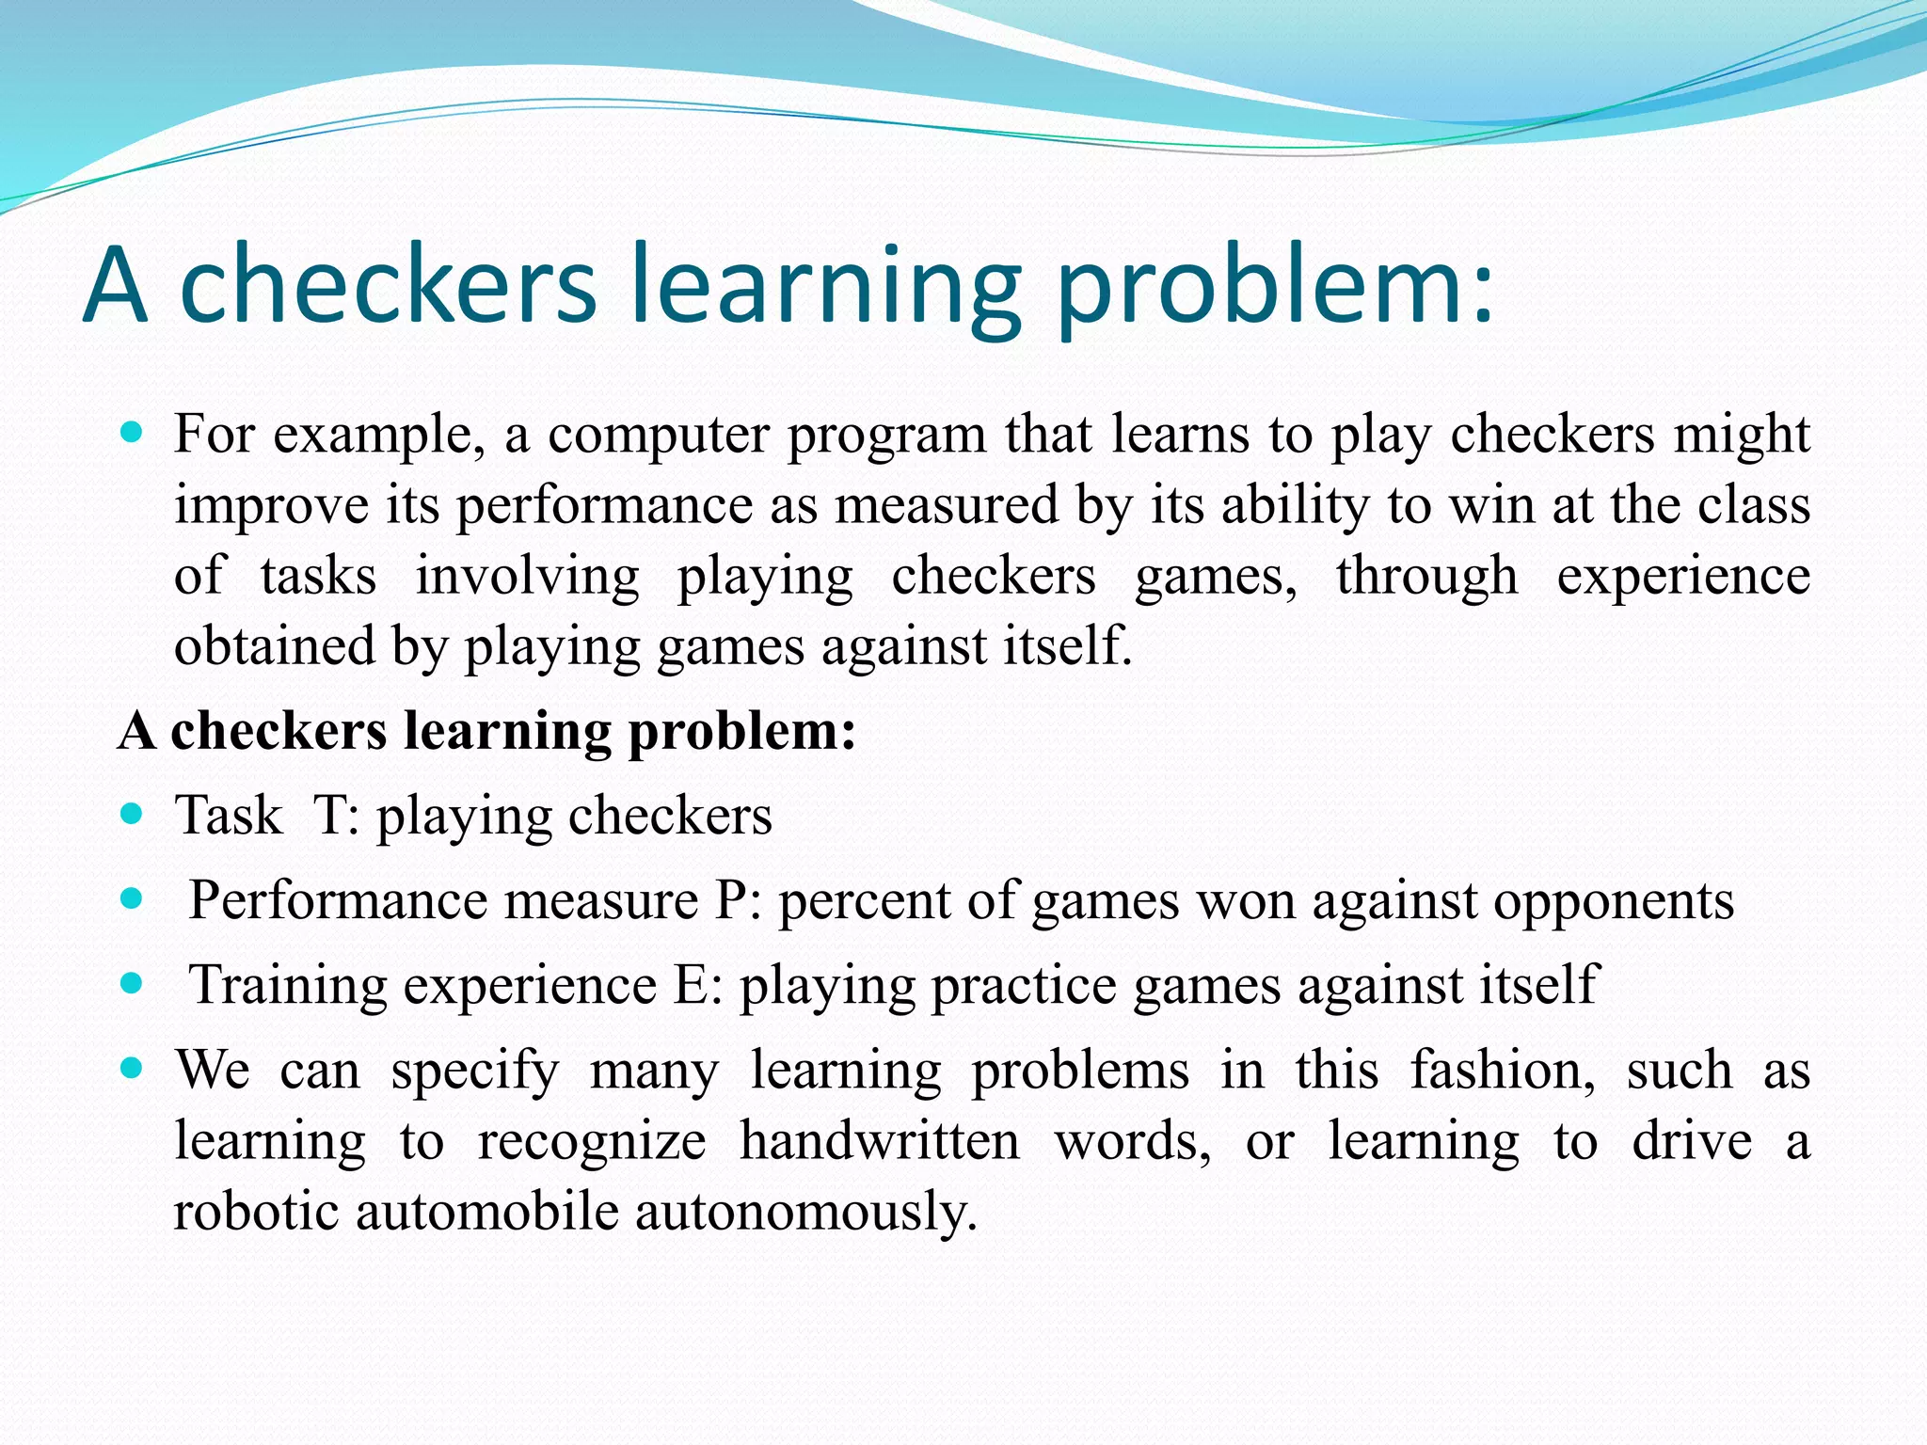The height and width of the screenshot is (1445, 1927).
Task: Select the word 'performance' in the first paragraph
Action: pos(604,506)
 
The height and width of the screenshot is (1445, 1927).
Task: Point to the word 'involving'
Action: pos(527,576)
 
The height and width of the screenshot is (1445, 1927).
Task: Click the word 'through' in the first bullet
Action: pos(1426,576)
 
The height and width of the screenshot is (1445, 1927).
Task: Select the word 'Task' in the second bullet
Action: pos(229,815)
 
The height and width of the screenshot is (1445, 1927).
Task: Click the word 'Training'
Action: pos(289,985)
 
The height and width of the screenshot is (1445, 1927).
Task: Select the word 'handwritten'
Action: pos(880,1141)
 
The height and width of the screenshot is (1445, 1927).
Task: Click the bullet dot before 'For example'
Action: pos(132,434)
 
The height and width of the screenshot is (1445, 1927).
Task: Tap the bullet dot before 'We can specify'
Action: pos(132,1069)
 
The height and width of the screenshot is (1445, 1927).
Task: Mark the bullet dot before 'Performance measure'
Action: pos(132,898)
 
